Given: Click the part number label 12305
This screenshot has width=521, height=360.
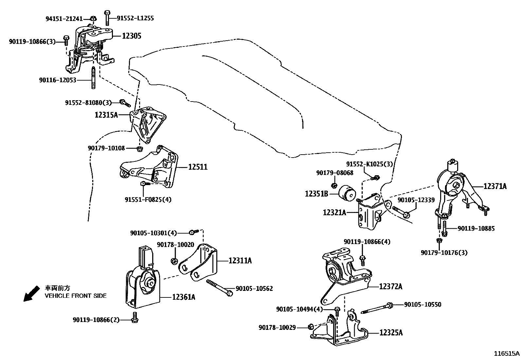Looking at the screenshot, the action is pyautogui.click(x=132, y=36).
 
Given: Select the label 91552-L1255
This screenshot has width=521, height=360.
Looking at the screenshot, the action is pyautogui.click(x=135, y=18).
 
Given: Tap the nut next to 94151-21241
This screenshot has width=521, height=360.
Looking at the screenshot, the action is pyautogui.click(x=93, y=18).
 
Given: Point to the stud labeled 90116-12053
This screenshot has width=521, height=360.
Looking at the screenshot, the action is pyautogui.click(x=93, y=78).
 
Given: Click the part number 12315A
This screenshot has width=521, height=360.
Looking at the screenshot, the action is pyautogui.click(x=106, y=115).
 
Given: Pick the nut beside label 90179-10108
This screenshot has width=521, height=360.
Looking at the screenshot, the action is pyautogui.click(x=139, y=149).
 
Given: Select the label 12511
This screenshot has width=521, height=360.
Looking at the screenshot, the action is pyautogui.click(x=198, y=167).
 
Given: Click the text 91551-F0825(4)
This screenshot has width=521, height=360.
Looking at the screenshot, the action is pyautogui.click(x=148, y=199).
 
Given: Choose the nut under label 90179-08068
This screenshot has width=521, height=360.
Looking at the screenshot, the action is pyautogui.click(x=334, y=186).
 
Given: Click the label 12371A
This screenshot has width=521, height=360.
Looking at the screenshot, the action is pyautogui.click(x=495, y=186).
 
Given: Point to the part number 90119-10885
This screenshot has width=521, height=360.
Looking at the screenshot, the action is pyautogui.click(x=476, y=228).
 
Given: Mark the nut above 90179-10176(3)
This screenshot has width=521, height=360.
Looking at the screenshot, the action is pyautogui.click(x=440, y=240).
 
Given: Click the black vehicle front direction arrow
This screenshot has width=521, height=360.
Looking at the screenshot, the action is pyautogui.click(x=32, y=294).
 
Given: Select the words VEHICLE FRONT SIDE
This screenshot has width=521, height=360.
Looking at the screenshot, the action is pyautogui.click(x=76, y=296).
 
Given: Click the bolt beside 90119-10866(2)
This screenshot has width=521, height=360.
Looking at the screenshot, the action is pyautogui.click(x=135, y=318).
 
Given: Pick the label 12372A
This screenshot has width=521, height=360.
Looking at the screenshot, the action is pyautogui.click(x=391, y=286).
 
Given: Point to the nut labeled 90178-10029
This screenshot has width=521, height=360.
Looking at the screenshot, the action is pyautogui.click(x=311, y=327).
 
